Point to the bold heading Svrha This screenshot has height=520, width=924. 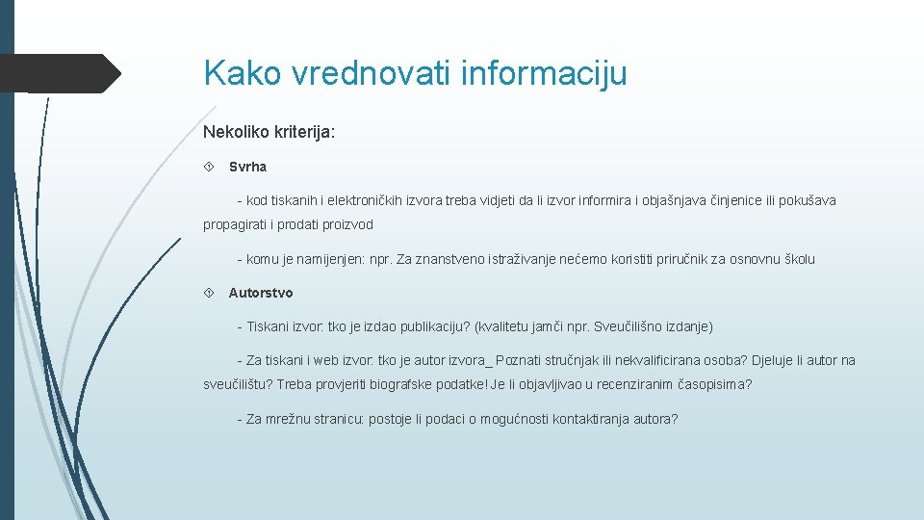pyautogui.click(x=247, y=167)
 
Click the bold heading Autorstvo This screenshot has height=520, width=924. pyautogui.click(x=261, y=293)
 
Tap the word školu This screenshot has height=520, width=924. pyautogui.click(x=795, y=259)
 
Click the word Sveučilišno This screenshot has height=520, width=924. pyautogui.click(x=629, y=326)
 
